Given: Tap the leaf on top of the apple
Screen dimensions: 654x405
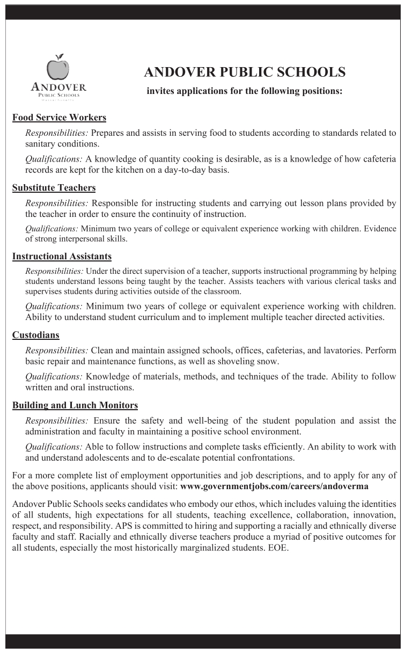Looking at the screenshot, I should click(x=60, y=56).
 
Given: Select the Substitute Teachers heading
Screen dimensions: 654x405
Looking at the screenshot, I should click(x=54, y=187).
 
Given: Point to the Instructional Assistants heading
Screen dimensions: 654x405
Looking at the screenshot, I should click(x=62, y=257).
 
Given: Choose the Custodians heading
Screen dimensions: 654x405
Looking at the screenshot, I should click(x=35, y=336).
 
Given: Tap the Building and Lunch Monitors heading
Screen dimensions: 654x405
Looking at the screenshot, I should click(x=75, y=405).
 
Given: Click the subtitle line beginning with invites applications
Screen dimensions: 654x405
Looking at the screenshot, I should click(x=244, y=91).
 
